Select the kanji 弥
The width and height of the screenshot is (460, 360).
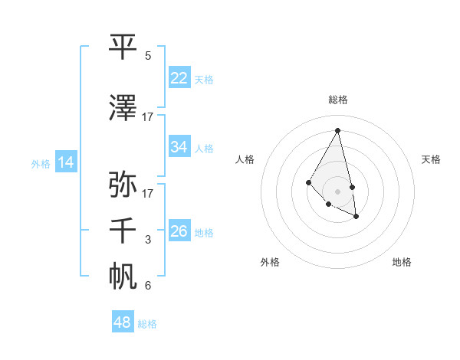tap(123, 184)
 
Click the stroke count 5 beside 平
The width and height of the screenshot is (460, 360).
tap(148, 56)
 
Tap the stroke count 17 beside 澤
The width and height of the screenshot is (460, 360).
tap(148, 116)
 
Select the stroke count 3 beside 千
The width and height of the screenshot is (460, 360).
tap(148, 241)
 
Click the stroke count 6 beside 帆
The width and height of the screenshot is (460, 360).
tap(148, 286)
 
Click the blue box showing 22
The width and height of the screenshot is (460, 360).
tap(179, 77)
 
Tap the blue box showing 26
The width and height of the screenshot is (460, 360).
tap(179, 231)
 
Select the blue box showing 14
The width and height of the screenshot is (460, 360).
tap(66, 162)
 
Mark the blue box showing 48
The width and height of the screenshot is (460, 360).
tap(123, 322)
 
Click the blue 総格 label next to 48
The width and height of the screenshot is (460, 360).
tap(147, 324)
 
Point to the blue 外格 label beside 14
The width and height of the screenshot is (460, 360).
tap(41, 163)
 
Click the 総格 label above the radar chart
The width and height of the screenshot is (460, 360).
tap(337, 100)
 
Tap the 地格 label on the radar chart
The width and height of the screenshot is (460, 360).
tap(402, 262)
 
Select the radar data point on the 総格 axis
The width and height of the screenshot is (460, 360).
tap(337, 130)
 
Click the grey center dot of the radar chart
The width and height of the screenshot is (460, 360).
tap(337, 191)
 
